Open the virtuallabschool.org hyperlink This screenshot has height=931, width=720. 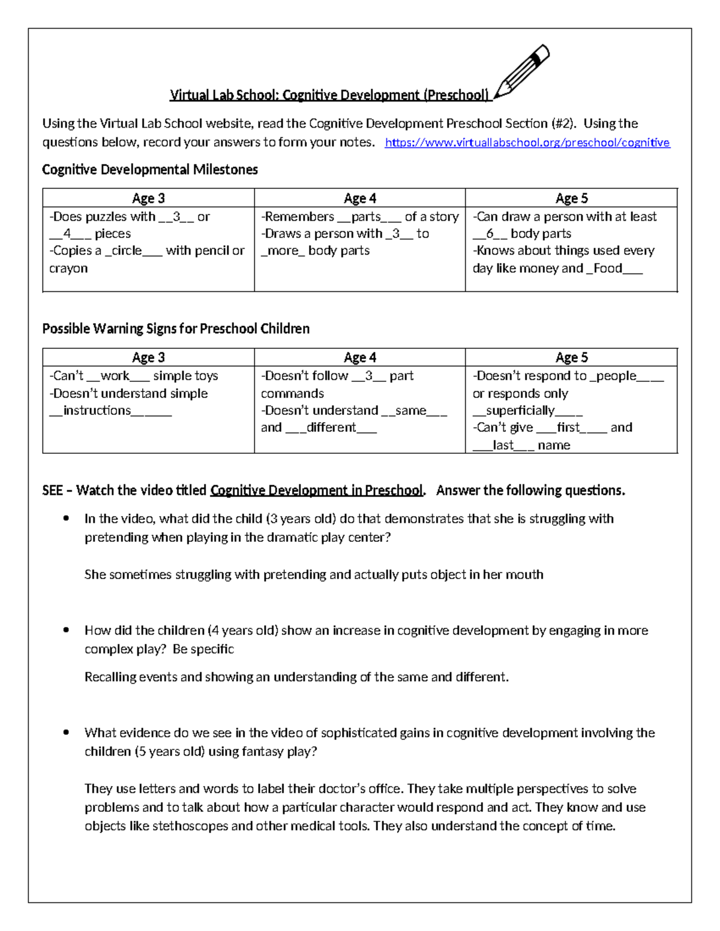pos(527,143)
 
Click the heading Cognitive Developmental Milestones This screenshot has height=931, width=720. pos(150,170)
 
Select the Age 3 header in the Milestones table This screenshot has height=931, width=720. pos(148,198)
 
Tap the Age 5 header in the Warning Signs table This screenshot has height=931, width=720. pos(571,357)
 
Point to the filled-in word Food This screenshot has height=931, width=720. pos(607,268)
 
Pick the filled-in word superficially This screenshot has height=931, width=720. pos(520,411)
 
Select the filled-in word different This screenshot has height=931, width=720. pos(331,427)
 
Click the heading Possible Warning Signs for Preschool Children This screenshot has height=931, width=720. pos(176,329)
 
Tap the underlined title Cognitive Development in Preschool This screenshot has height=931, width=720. pos(316,490)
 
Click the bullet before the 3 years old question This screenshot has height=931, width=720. pos(66,519)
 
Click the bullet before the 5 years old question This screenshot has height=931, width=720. pos(66,733)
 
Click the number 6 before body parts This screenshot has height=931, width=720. pos(490,234)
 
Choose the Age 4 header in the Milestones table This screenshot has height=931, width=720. pos(359,198)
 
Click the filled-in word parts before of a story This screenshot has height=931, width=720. pos(366,216)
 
